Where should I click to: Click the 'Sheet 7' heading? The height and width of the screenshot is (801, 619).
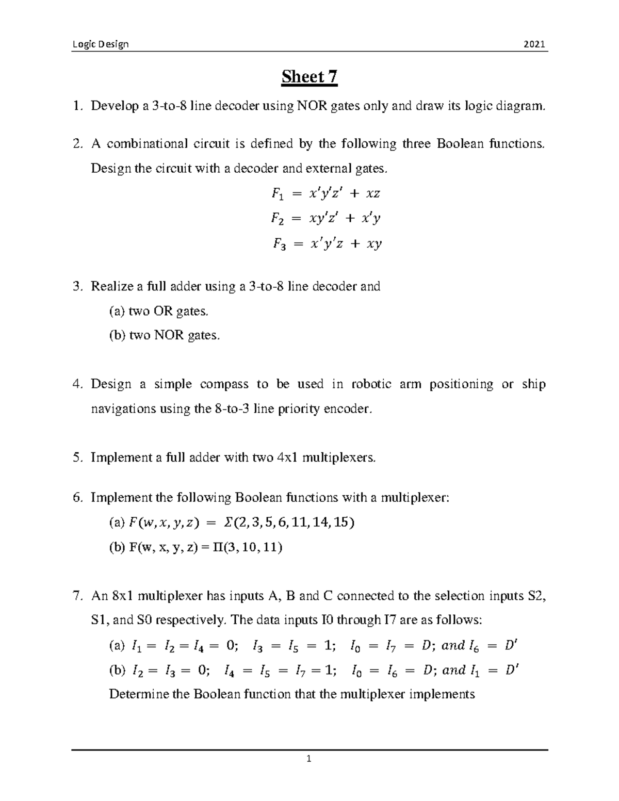click(309, 77)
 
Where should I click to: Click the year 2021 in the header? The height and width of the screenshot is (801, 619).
click(534, 44)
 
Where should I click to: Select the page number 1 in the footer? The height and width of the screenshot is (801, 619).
click(309, 758)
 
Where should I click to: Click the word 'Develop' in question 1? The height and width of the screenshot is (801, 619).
click(111, 107)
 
